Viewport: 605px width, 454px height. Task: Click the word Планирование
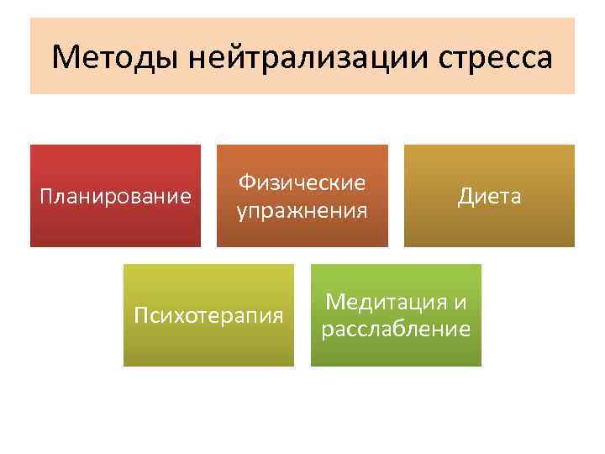(x=116, y=197)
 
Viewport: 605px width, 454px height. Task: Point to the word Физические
(x=302, y=182)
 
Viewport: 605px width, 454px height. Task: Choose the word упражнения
(x=302, y=210)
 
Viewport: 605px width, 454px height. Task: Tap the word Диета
(x=489, y=197)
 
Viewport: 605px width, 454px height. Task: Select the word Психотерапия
(x=209, y=316)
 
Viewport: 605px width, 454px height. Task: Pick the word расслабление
(x=396, y=330)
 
